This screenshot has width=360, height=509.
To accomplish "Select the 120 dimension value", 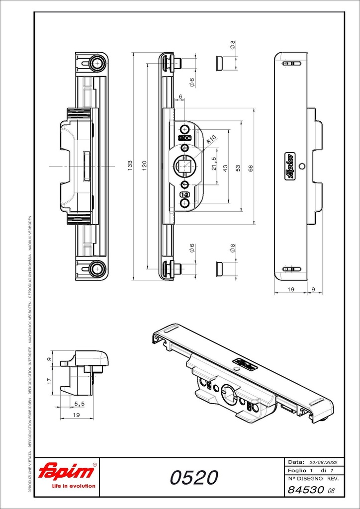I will click(144, 166).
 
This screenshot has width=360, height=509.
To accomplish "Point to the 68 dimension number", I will click(251, 169).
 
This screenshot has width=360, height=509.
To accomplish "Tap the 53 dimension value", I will click(238, 169).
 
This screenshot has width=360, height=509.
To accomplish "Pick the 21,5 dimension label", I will click(214, 164).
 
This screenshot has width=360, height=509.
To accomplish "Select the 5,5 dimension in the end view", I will click(79, 404).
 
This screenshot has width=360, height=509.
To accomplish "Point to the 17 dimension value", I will click(49, 381).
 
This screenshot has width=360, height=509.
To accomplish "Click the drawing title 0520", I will click(194, 478).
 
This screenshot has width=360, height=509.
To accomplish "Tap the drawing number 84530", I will click(305, 490).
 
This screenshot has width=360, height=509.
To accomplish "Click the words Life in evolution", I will click(74, 486).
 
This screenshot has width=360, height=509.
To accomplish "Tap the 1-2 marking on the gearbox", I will click(184, 195).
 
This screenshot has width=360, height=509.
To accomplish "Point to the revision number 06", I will click(331, 491).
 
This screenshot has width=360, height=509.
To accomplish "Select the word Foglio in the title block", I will click(297, 470).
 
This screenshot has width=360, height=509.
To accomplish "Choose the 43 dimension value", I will click(225, 169).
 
